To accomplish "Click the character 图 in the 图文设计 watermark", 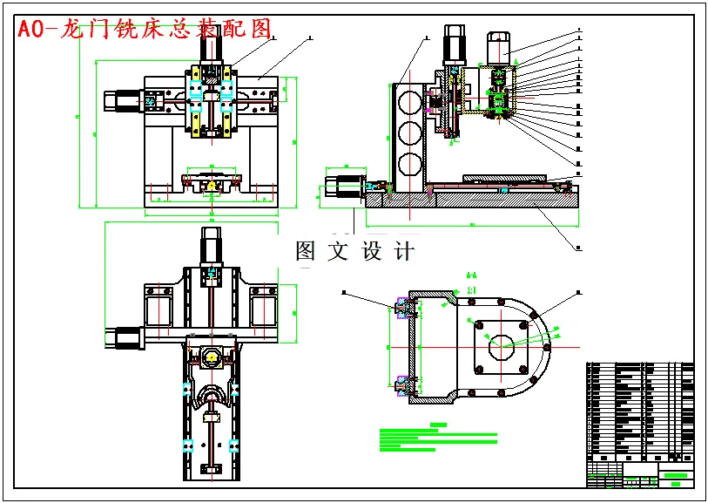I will pyautogui.click(x=306, y=252).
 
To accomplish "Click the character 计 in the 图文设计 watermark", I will pyautogui.click(x=405, y=252).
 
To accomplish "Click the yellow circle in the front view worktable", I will pyautogui.click(x=211, y=186).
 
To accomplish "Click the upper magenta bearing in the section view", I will pyautogui.click(x=403, y=306).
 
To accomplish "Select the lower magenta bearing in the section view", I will pyautogui.click(x=403, y=384).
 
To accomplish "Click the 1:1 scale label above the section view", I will pyautogui.click(x=472, y=289).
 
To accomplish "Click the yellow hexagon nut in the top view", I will pyautogui.click(x=211, y=356).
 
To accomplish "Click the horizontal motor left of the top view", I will pyautogui.click(x=124, y=336).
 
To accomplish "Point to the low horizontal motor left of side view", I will pyautogui.click(x=343, y=187).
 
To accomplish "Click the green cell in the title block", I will pyautogui.click(x=676, y=475).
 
